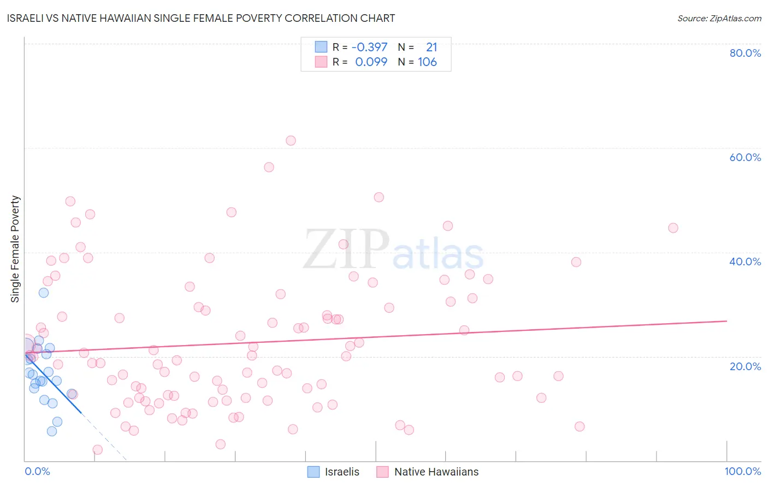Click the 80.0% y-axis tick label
point(745,53)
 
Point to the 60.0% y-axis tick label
point(745,157)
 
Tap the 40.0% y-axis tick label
point(745,262)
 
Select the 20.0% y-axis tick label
point(745,366)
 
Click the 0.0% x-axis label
point(37,471)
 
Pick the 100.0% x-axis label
point(742,471)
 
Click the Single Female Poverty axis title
point(15,249)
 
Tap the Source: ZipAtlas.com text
point(719,19)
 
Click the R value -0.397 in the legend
point(369,47)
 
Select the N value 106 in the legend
point(427,62)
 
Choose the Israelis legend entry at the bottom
point(334,472)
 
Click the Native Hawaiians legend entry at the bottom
point(428,472)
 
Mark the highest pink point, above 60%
point(291,141)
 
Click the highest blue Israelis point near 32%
point(44,293)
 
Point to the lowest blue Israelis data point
point(52,431)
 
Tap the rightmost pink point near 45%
point(673,228)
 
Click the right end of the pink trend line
point(726,321)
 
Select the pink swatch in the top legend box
point(321,62)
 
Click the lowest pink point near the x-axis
point(98,450)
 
